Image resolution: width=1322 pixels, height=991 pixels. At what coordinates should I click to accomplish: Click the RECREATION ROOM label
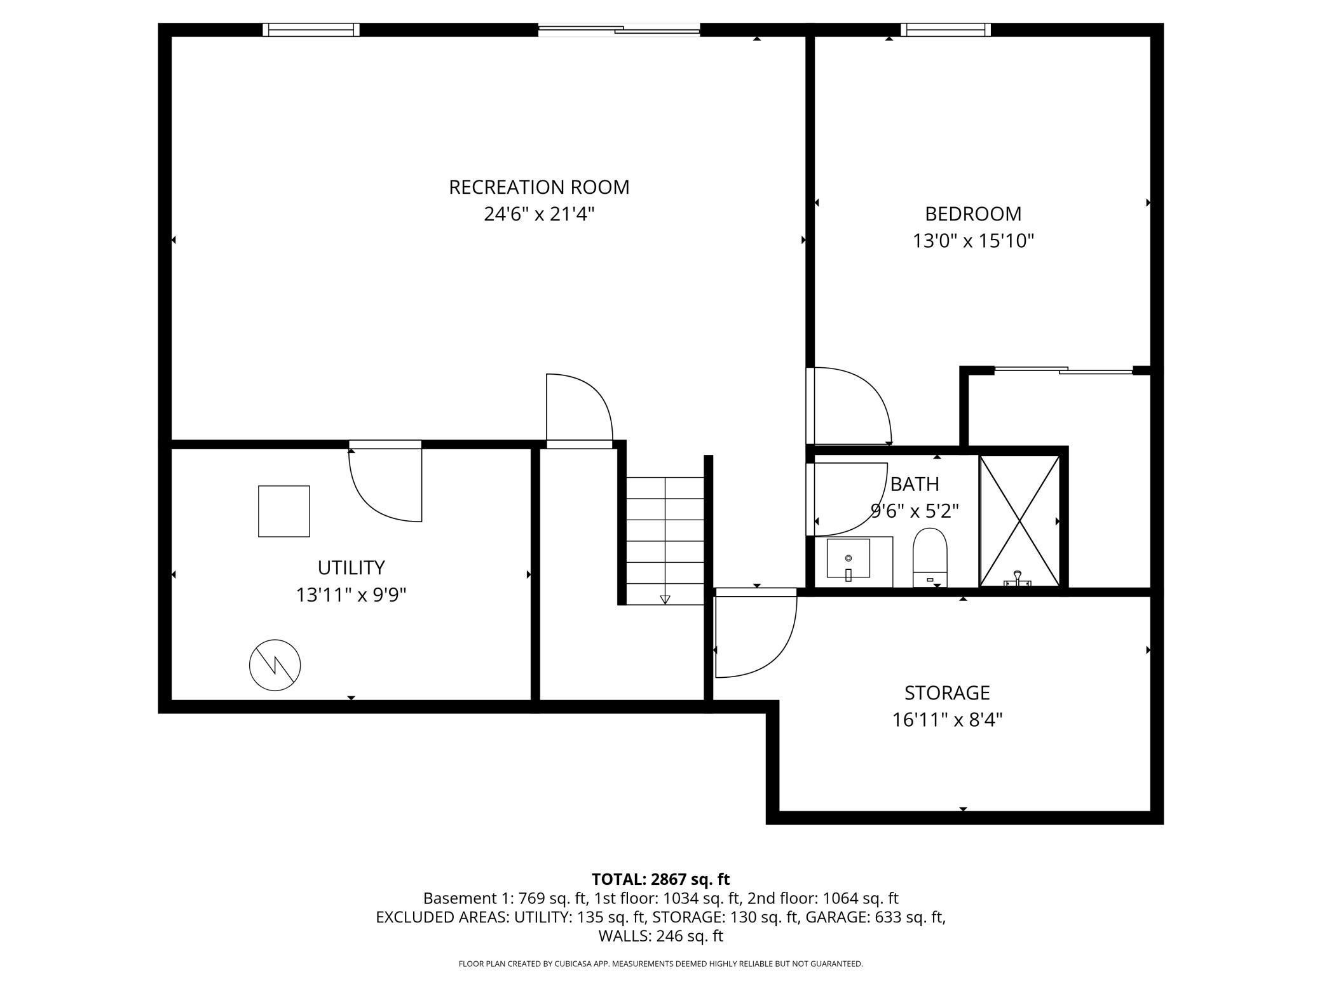pyautogui.click(x=539, y=187)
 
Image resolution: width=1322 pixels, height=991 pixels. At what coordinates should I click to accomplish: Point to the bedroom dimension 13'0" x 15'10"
pyautogui.click(x=973, y=241)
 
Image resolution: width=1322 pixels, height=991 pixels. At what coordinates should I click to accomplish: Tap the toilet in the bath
pyautogui.click(x=930, y=557)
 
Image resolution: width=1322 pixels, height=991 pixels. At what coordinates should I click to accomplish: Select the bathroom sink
pyautogui.click(x=848, y=559)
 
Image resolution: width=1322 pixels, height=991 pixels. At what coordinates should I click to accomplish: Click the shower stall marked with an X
pyautogui.click(x=1019, y=521)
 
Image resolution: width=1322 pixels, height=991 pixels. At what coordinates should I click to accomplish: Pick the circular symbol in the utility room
pyautogui.click(x=275, y=665)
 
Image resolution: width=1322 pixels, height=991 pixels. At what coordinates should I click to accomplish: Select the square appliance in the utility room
pyautogui.click(x=284, y=511)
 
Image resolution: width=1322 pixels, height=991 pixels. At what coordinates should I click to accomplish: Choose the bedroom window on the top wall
pyautogui.click(x=946, y=29)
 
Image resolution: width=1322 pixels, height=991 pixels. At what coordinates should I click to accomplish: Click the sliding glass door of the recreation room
pyautogui.click(x=619, y=29)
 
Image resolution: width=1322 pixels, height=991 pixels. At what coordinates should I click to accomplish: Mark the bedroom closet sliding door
pyautogui.click(x=1063, y=370)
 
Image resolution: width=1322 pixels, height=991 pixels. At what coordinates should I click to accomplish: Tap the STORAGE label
pyautogui.click(x=947, y=692)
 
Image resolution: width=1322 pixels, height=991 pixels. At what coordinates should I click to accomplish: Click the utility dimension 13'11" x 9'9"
pyautogui.click(x=351, y=595)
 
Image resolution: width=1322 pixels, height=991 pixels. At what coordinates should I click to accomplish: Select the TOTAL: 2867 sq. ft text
pyautogui.click(x=660, y=879)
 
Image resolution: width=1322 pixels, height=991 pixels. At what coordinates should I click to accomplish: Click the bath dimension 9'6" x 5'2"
pyautogui.click(x=914, y=511)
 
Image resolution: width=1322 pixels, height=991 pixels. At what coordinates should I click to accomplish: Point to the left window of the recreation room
pyautogui.click(x=311, y=29)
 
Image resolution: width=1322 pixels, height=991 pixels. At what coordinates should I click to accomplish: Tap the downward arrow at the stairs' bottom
pyautogui.click(x=665, y=599)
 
